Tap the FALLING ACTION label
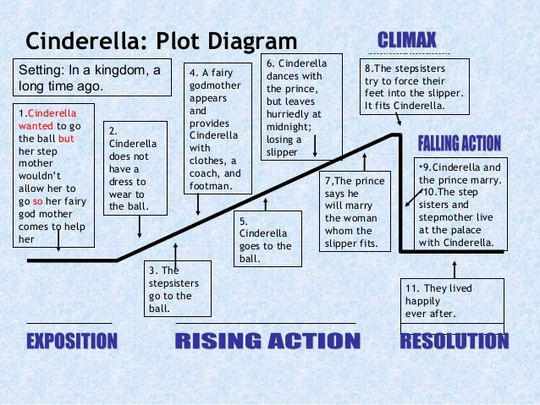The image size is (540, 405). click(x=460, y=142)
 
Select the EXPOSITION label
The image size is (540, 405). click(x=71, y=341)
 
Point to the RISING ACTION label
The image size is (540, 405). click(x=267, y=341)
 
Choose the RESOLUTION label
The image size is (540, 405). click(x=455, y=341)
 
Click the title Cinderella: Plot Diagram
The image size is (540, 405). click(x=162, y=41)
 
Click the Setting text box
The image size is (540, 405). click(x=90, y=79)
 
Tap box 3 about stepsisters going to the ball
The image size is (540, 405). click(x=170, y=290)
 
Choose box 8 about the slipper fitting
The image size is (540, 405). click(x=415, y=87)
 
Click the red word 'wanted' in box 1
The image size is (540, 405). click(x=36, y=126)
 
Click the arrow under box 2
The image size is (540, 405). click(x=139, y=225)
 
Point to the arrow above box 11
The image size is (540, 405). click(x=455, y=268)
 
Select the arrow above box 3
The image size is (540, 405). click(x=175, y=252)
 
